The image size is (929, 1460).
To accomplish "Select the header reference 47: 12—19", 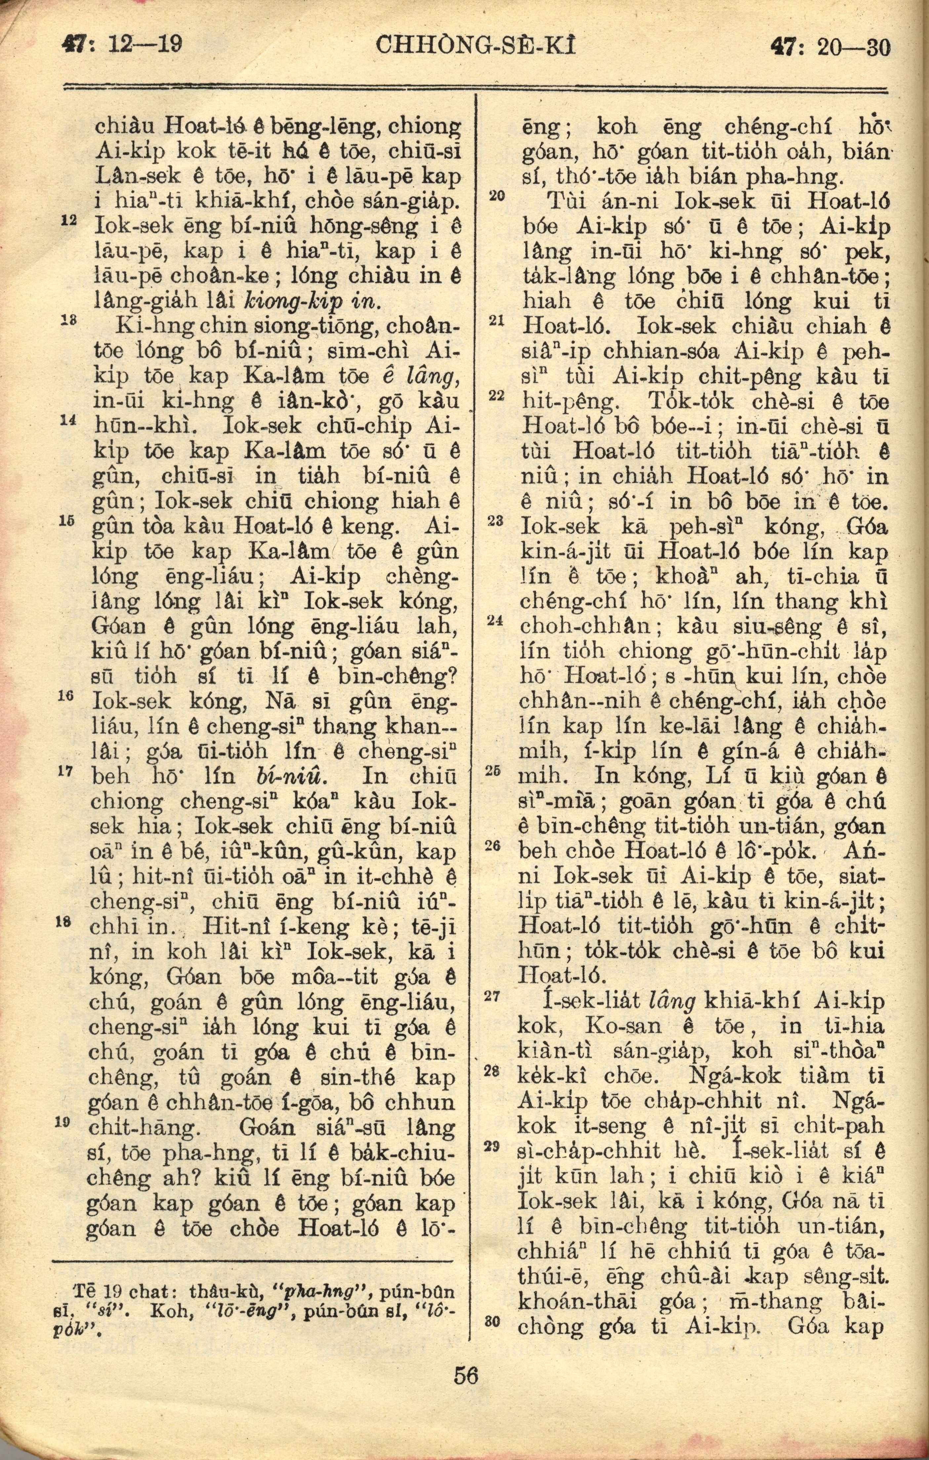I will click(123, 46).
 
